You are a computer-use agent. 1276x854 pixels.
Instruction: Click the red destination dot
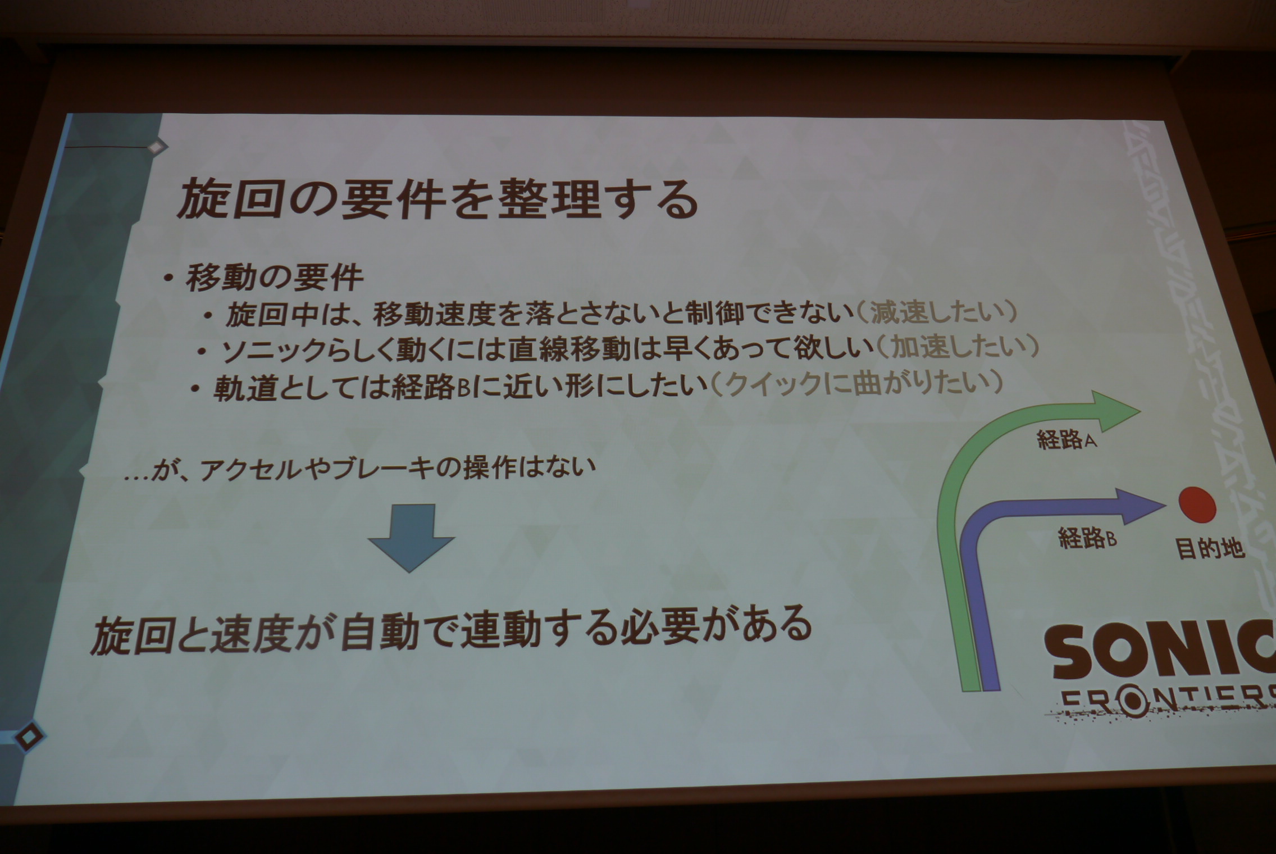tap(1197, 505)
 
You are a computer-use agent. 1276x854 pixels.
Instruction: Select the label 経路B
tap(1087, 538)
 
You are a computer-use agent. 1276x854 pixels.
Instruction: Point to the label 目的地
tap(1210, 548)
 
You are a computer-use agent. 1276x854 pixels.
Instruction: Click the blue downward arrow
tap(411, 537)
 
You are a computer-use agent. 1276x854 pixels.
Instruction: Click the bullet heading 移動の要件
tap(275, 277)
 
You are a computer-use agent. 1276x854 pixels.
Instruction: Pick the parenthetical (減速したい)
tap(936, 312)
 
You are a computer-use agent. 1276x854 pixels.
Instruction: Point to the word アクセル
tap(252, 469)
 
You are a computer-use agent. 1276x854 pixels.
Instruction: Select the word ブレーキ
tap(382, 468)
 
